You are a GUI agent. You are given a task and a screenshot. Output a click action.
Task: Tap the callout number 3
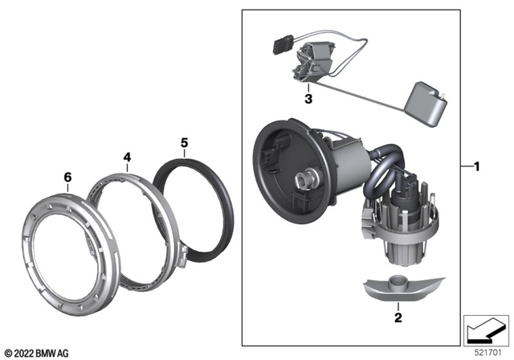[x=308, y=100]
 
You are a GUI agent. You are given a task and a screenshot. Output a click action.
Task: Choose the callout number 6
[x=67, y=174]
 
